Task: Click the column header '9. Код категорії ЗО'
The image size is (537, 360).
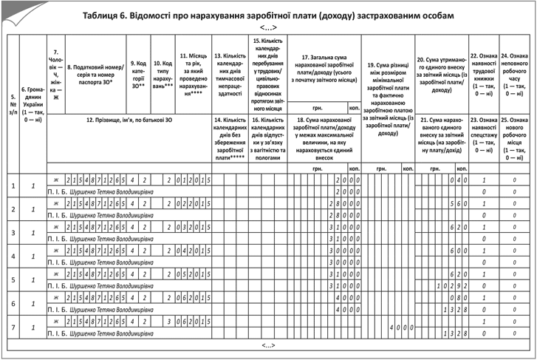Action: coord(137,74)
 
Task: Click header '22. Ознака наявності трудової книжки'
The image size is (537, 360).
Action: coord(483,74)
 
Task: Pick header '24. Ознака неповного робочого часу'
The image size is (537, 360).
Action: coord(514,74)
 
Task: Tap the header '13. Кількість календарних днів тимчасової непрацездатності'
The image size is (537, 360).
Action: coord(228,74)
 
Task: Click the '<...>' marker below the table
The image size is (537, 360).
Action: coord(268,344)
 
